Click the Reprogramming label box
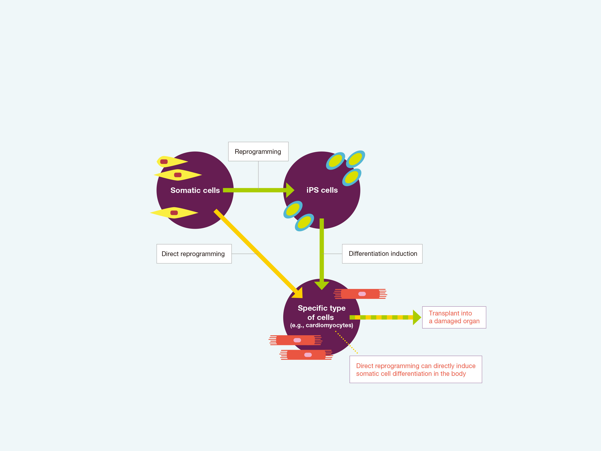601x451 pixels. click(x=258, y=151)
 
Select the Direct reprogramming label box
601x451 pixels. click(x=194, y=254)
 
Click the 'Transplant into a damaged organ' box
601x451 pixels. click(x=454, y=317)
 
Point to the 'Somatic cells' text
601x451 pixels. click(x=195, y=190)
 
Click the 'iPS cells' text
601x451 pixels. click(x=322, y=190)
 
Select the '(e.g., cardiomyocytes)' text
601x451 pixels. click(x=322, y=325)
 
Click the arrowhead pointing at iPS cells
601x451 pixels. click(x=290, y=190)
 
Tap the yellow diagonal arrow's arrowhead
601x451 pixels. click(x=298, y=293)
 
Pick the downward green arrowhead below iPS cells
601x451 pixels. click(x=322, y=285)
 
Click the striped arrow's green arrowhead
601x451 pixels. click(x=416, y=317)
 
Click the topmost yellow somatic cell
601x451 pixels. click(x=172, y=161)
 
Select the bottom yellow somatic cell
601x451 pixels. click(x=174, y=212)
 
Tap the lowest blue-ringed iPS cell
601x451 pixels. click(x=304, y=222)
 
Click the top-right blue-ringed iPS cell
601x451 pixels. click(x=355, y=159)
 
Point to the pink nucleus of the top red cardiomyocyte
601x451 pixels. click(x=362, y=294)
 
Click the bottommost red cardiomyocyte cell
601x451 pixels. click(x=306, y=355)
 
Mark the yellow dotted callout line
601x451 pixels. click(x=346, y=342)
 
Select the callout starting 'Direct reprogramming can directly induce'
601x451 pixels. click(x=416, y=370)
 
